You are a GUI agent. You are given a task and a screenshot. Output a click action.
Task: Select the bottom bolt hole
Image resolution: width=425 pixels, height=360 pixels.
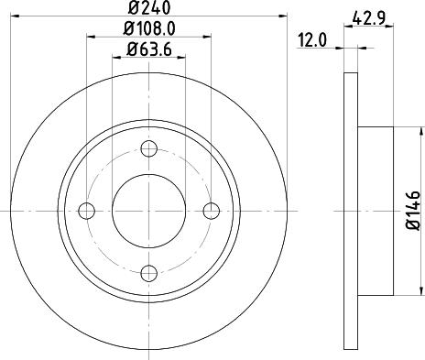point(149,272)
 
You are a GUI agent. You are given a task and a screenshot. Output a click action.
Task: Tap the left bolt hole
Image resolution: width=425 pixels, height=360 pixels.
point(88,211)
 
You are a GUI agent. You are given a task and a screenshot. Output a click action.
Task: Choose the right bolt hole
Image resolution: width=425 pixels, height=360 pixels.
point(212,211)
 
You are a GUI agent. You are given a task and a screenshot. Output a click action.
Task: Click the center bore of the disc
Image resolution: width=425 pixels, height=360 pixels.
point(149,211)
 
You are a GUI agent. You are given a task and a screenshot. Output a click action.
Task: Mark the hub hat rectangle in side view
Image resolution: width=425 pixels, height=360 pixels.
point(376,211)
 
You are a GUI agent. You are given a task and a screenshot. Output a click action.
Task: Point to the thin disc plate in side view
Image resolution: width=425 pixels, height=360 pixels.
point(351,211)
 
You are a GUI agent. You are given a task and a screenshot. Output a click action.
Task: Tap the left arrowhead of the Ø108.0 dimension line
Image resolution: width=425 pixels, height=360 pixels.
point(92,38)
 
